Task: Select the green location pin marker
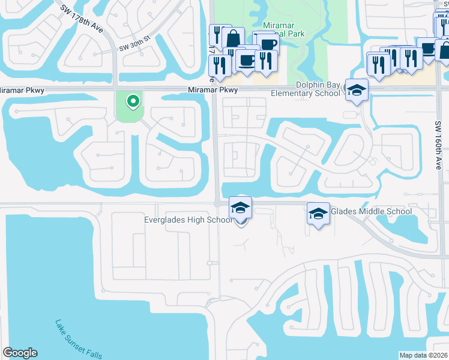(133, 101)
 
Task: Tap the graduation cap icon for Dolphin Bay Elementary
(357, 90)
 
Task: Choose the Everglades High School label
(188, 220)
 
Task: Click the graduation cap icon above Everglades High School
(241, 208)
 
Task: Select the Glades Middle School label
(371, 211)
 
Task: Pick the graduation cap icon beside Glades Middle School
(318, 213)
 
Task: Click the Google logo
(20, 353)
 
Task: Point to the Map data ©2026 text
(424, 355)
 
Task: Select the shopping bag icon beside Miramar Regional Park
(232, 40)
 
